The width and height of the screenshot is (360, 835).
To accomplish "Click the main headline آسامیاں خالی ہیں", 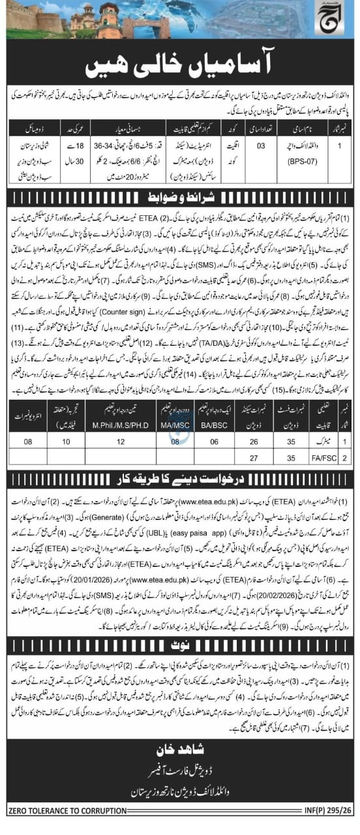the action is [181, 65].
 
